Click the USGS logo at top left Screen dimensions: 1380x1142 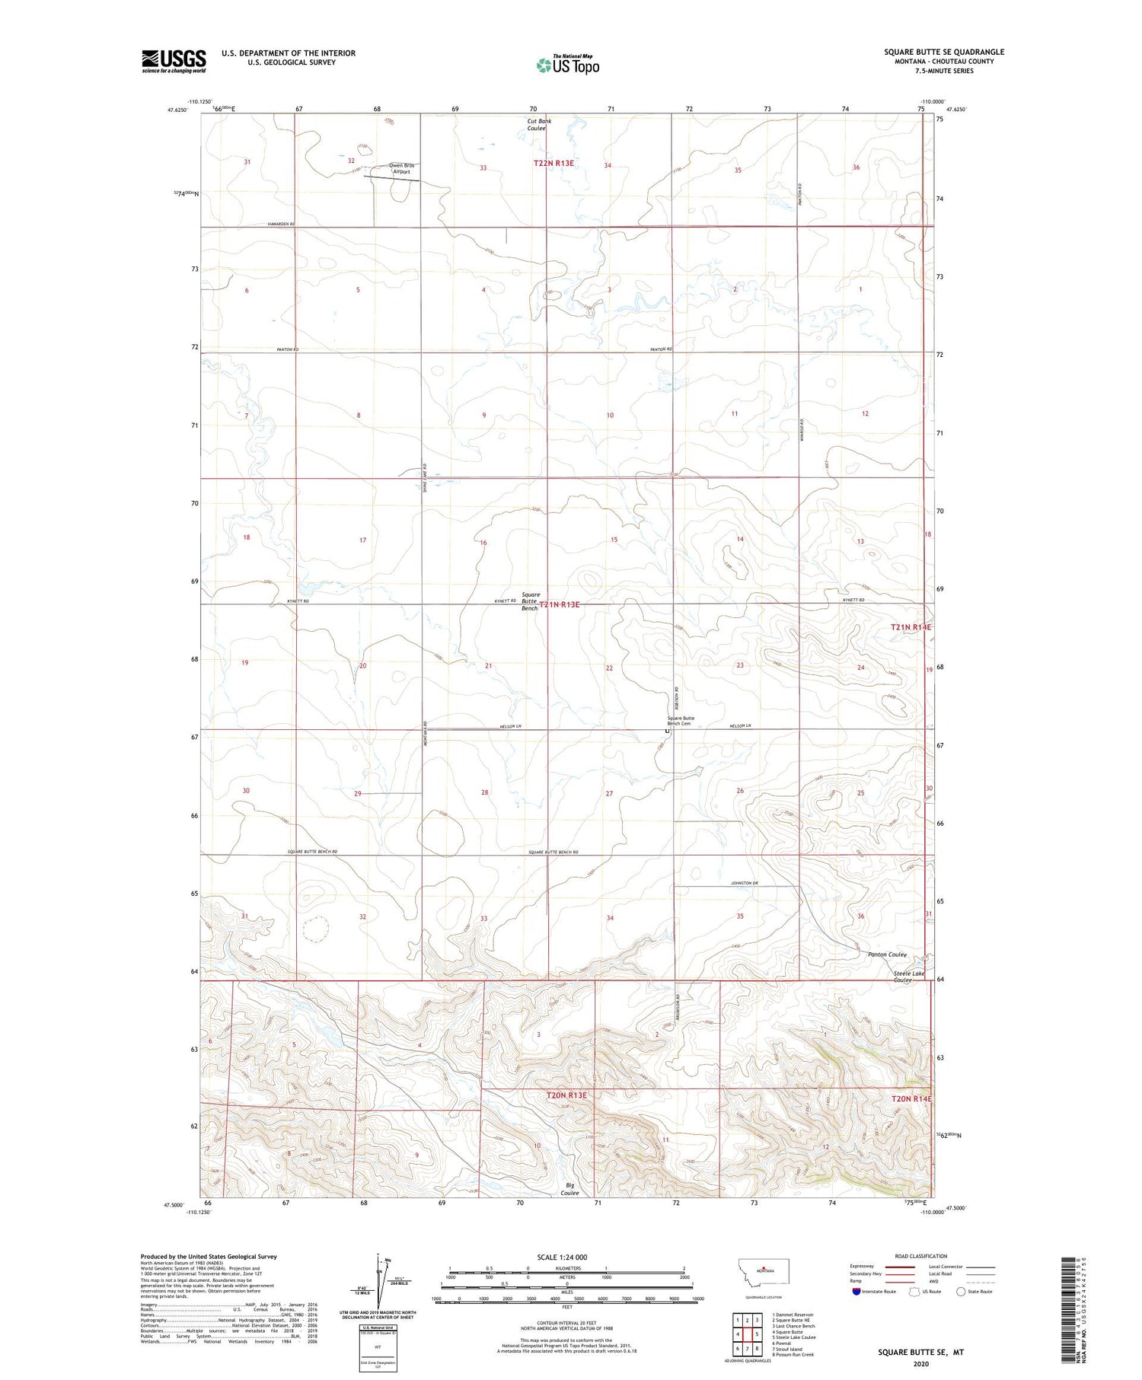click(174, 60)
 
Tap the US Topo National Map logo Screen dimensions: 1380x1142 click(567, 65)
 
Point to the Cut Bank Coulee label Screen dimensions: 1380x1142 click(539, 124)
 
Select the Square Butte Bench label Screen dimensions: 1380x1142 click(531, 601)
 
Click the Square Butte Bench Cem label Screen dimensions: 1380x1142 click(681, 721)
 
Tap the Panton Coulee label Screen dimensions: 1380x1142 click(886, 955)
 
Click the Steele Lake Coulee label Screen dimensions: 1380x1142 click(908, 977)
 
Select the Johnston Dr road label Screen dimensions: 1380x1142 click(745, 883)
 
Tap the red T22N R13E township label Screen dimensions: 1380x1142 click(553, 163)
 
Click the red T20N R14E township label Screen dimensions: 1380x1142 click(911, 1099)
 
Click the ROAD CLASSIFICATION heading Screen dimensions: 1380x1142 click(920, 1256)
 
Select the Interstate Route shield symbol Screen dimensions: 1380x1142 click(856, 1291)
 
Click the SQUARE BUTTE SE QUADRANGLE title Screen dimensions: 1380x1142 click(943, 52)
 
